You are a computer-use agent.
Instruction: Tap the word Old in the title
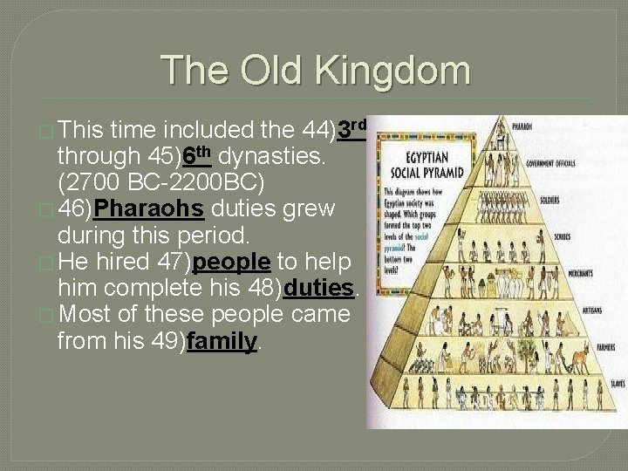coord(275,71)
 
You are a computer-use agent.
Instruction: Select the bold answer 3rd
coord(351,130)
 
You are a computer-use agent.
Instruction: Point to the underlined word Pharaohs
coord(149,210)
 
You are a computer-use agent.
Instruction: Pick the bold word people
coord(231,263)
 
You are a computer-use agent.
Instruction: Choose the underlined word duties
coord(318,288)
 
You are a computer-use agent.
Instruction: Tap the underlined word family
coord(222,340)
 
